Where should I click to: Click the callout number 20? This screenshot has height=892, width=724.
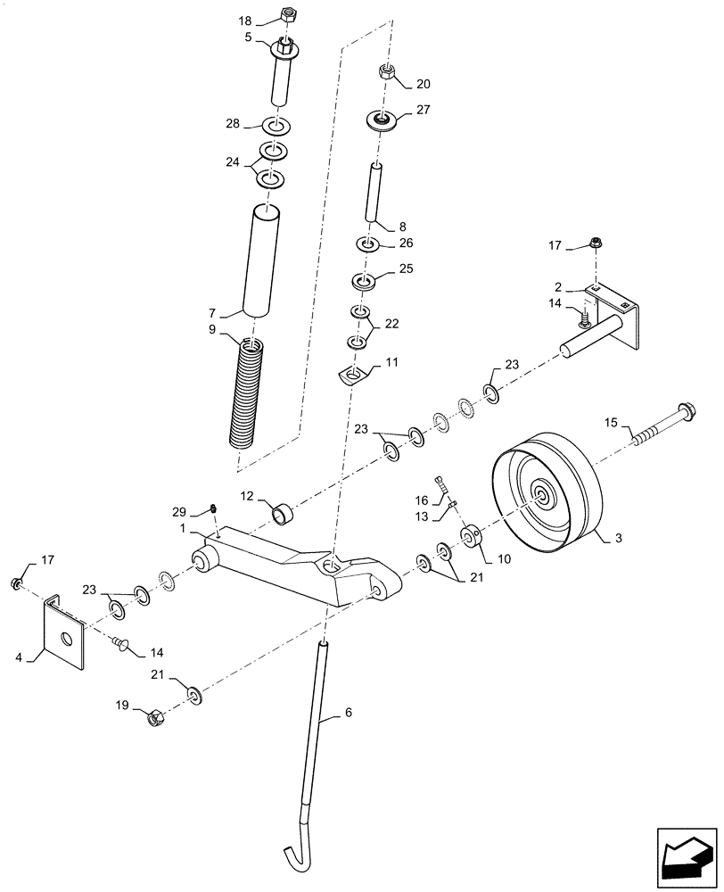[423, 85]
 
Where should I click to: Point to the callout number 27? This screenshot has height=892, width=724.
[423, 111]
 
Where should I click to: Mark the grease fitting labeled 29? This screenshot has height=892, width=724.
[214, 509]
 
